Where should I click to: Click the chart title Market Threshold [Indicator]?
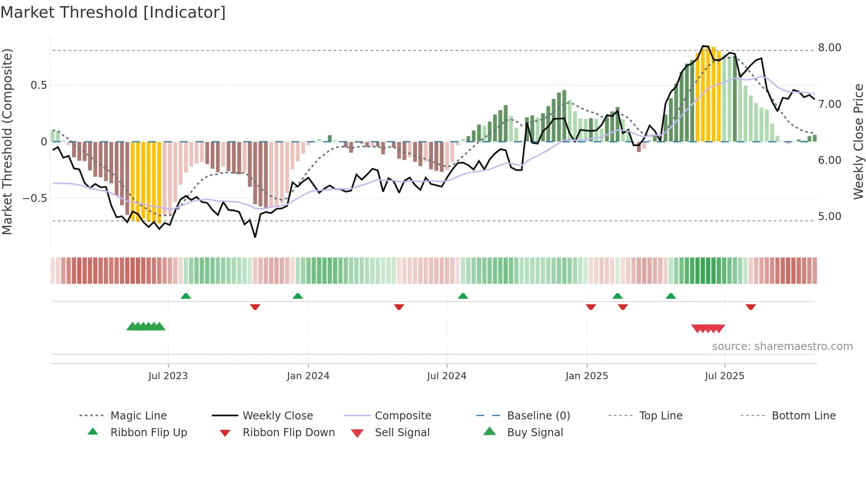113,12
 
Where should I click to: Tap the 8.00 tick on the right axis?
829,48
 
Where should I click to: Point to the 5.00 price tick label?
829,217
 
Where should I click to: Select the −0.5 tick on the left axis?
34,198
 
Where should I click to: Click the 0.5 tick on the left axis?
38,85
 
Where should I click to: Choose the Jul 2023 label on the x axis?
168,376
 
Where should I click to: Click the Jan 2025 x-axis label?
586,376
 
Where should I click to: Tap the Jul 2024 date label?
446,376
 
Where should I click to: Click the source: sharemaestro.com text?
782,346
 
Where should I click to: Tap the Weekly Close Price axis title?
858,141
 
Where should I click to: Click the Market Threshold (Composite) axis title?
7,141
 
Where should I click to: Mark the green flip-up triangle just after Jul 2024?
463,296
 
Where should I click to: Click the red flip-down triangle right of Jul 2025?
751,307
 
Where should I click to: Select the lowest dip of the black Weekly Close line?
255,237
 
